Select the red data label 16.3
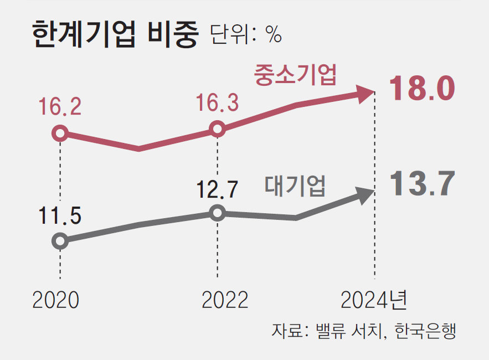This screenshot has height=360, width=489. [x=218, y=103]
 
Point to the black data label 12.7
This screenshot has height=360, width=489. [x=217, y=189]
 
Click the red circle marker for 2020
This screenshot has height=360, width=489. [x=60, y=133]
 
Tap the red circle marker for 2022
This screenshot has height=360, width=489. [x=218, y=129]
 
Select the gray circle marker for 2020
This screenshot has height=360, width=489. [x=60, y=241]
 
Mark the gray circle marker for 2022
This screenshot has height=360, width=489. [x=218, y=213]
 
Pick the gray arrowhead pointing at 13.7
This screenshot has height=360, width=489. [x=364, y=194]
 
